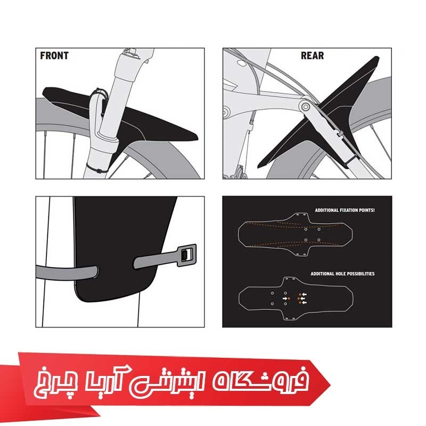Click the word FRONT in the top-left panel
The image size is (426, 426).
click(x=54, y=55)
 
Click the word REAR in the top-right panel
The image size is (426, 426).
click(x=312, y=55)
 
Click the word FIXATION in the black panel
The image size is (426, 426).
click(x=349, y=210)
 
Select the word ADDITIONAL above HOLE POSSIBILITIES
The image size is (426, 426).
click(x=321, y=274)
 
